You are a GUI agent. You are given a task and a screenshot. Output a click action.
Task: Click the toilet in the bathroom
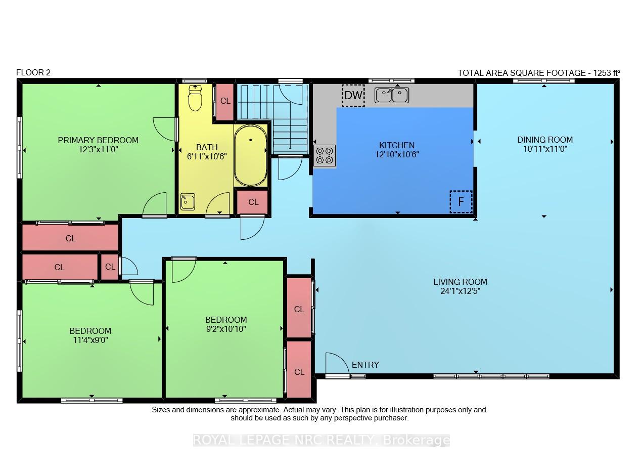click(195, 98)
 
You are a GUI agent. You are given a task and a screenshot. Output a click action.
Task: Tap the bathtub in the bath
click(251, 156)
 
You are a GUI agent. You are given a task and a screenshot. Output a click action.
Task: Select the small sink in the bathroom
click(188, 201)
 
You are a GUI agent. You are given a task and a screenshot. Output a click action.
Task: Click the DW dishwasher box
click(353, 96)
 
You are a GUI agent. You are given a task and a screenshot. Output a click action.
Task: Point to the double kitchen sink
click(392, 95)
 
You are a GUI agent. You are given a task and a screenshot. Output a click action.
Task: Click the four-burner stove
click(325, 156)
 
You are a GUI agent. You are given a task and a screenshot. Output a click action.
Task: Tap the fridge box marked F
click(461, 202)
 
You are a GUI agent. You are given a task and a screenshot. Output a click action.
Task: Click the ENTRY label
click(365, 365)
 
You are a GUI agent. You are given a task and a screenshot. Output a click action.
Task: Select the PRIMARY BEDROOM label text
click(98, 140)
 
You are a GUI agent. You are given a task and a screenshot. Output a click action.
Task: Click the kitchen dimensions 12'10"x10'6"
click(397, 155)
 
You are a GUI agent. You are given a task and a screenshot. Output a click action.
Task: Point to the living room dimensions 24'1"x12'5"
click(461, 291)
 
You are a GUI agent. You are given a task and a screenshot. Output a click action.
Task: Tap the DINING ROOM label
click(545, 140)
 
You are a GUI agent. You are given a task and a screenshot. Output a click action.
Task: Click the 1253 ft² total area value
click(607, 73)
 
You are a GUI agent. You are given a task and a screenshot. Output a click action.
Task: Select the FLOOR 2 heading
click(33, 72)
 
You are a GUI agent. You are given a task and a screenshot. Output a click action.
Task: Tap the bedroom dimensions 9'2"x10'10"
click(226, 329)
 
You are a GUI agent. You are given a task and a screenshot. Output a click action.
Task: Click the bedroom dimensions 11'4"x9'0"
click(90, 340)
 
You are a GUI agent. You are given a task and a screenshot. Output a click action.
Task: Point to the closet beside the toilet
click(225, 102)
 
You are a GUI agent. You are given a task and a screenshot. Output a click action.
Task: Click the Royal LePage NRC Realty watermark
click(322, 440)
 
